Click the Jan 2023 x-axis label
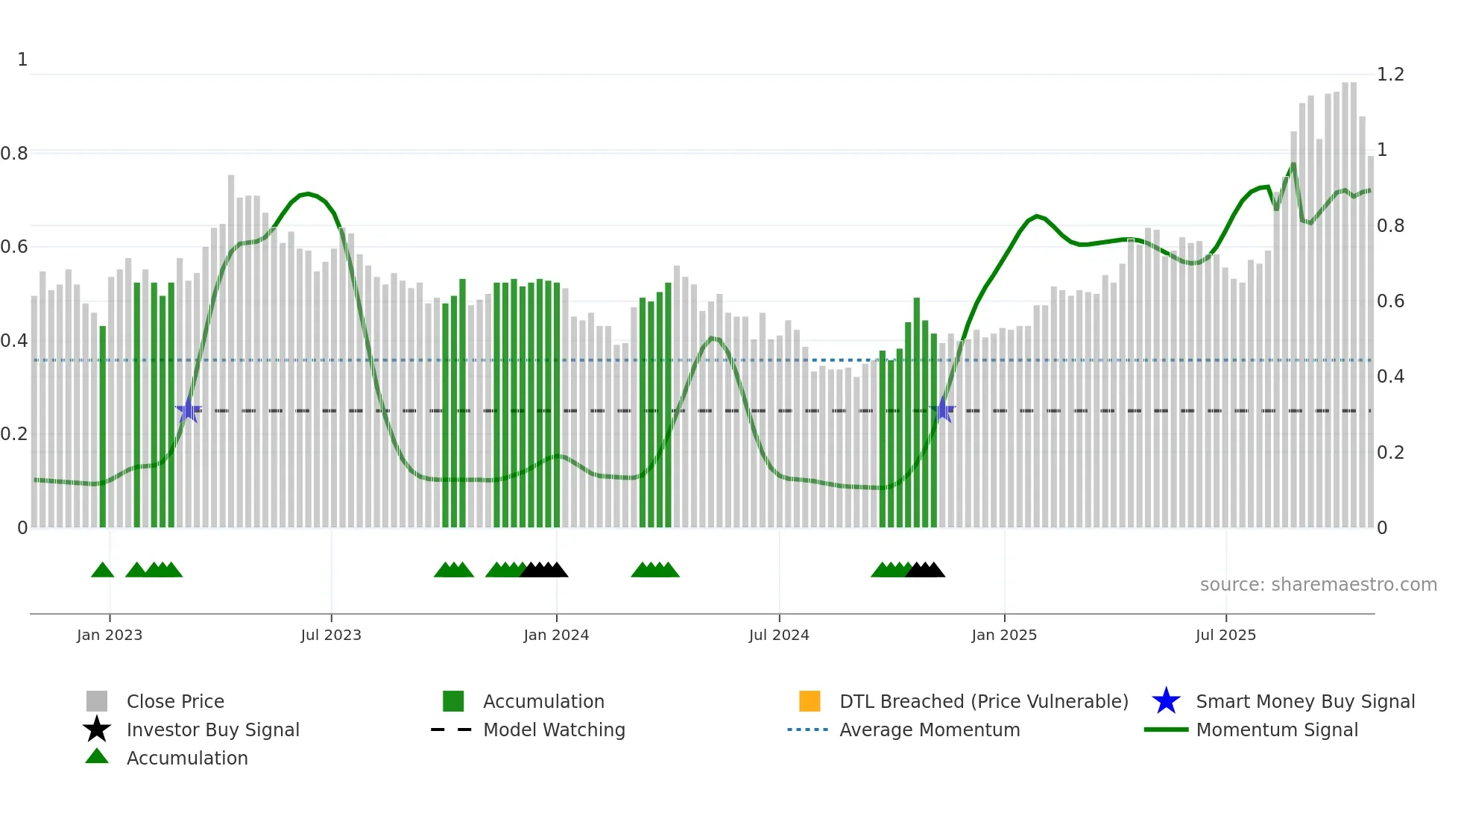[109, 635]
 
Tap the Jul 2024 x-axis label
[779, 635]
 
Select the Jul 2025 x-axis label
[1225, 635]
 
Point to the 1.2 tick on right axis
[1390, 75]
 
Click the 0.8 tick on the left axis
[14, 154]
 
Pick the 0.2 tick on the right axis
[1390, 453]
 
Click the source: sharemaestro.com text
[1318, 585]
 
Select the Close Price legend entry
[175, 701]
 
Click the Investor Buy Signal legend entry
[212, 730]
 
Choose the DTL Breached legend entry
[983, 701]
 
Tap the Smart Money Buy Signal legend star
[1166, 701]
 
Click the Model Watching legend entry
[554, 730]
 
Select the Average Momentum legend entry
[930, 730]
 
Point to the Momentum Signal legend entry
[1277, 730]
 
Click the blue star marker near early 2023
[189, 410]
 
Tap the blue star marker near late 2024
[943, 410]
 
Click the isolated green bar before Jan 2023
[103, 425]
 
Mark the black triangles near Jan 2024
[545, 570]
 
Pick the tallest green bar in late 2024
[917, 410]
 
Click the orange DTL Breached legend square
[810, 701]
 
